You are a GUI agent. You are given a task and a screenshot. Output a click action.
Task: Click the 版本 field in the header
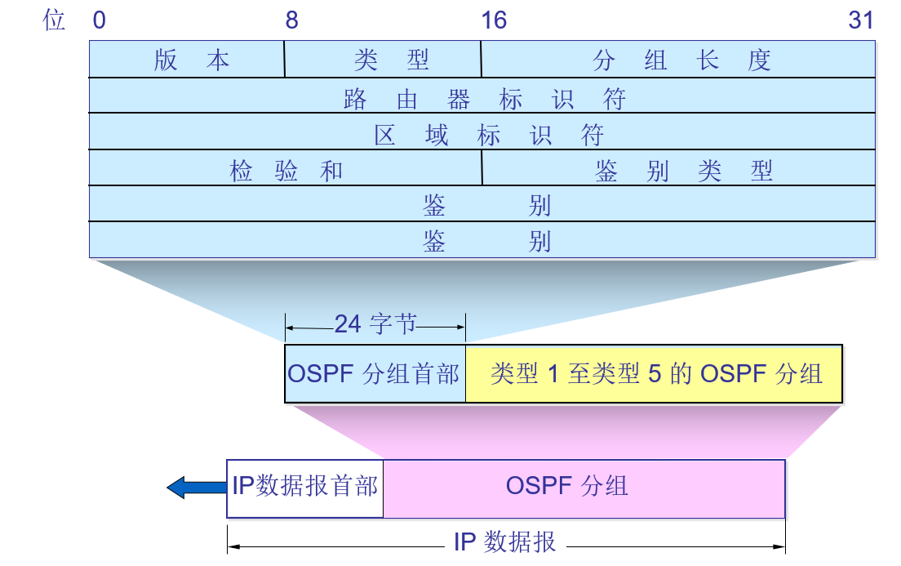[191, 60]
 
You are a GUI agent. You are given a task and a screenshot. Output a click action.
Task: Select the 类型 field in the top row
[391, 60]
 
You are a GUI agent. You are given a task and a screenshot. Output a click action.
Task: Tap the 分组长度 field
[681, 60]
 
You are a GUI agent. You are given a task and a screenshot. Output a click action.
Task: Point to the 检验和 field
[286, 171]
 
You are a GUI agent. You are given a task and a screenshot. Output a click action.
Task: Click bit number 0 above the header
[99, 20]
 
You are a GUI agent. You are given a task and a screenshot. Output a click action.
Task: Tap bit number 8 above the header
[291, 20]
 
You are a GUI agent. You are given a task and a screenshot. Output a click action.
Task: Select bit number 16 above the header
[494, 20]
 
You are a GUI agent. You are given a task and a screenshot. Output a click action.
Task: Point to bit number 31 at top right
[861, 20]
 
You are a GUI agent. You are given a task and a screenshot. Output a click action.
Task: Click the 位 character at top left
[54, 20]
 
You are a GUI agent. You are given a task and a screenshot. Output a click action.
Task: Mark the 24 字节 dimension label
[375, 324]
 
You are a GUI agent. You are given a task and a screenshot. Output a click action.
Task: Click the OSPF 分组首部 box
[374, 374]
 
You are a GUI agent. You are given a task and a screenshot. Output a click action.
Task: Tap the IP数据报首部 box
[304, 487]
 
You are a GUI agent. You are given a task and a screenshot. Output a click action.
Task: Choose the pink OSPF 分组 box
[584, 487]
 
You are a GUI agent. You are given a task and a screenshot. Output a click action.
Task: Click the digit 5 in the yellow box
[654, 374]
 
